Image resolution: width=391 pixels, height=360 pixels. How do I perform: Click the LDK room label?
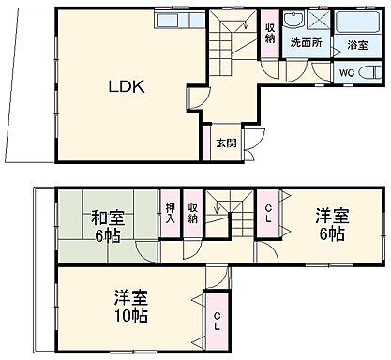coord(125,87)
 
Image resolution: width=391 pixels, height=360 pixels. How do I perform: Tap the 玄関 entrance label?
coord(225,143)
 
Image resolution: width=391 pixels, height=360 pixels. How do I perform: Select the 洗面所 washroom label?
coord(305,43)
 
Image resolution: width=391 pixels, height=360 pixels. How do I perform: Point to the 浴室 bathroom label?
coord(358,44)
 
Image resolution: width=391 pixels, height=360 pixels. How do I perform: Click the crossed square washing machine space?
coord(319,22)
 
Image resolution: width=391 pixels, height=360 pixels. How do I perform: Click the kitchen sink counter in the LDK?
coord(177,20)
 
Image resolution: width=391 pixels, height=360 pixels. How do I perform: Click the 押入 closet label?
coord(171,213)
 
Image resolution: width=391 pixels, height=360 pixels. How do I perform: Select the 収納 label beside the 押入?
coord(193,213)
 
